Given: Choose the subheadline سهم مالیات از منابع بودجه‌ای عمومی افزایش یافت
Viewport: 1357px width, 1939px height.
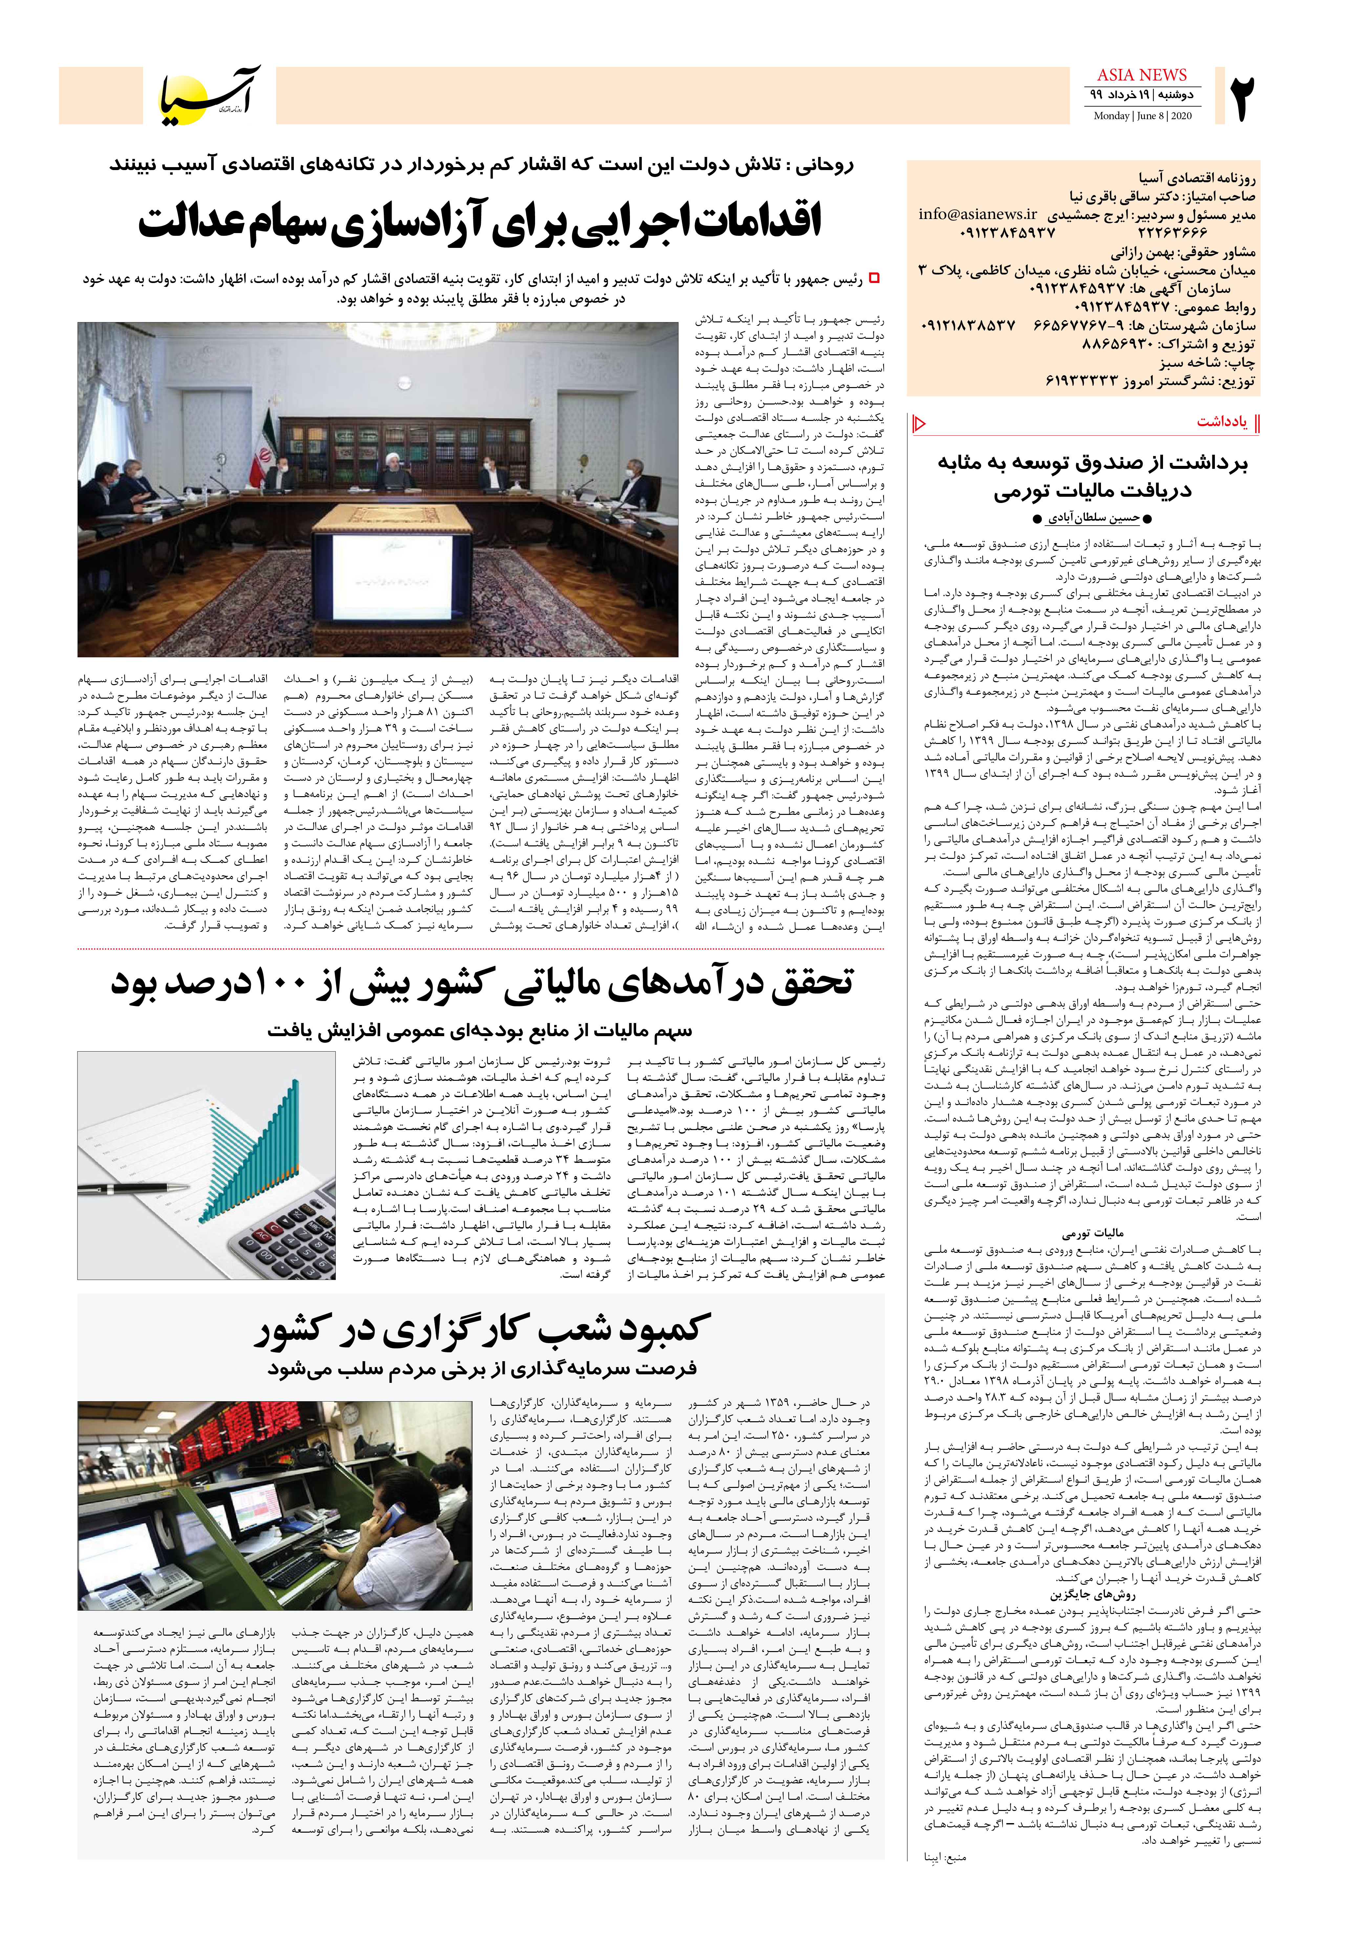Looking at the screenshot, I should point(480,1030).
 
